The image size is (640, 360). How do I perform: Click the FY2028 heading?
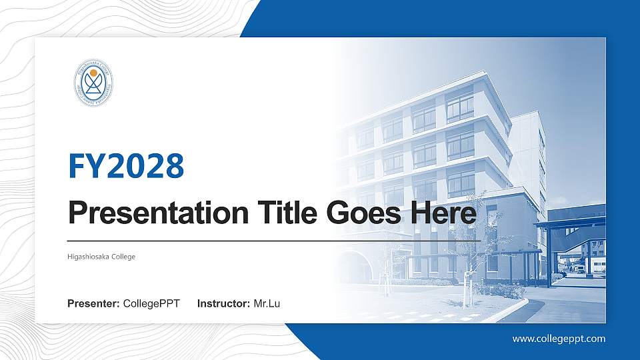(x=126, y=166)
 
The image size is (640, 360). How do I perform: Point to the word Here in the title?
(x=445, y=213)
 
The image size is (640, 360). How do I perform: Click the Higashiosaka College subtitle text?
(x=101, y=256)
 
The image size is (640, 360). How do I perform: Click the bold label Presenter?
(x=93, y=304)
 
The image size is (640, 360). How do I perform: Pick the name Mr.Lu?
(x=267, y=304)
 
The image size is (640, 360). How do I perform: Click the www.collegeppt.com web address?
(x=559, y=339)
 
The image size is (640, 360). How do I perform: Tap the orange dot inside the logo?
(x=93, y=73)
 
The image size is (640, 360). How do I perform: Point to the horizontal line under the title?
(x=273, y=240)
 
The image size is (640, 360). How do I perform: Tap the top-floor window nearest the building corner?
(x=460, y=107)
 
